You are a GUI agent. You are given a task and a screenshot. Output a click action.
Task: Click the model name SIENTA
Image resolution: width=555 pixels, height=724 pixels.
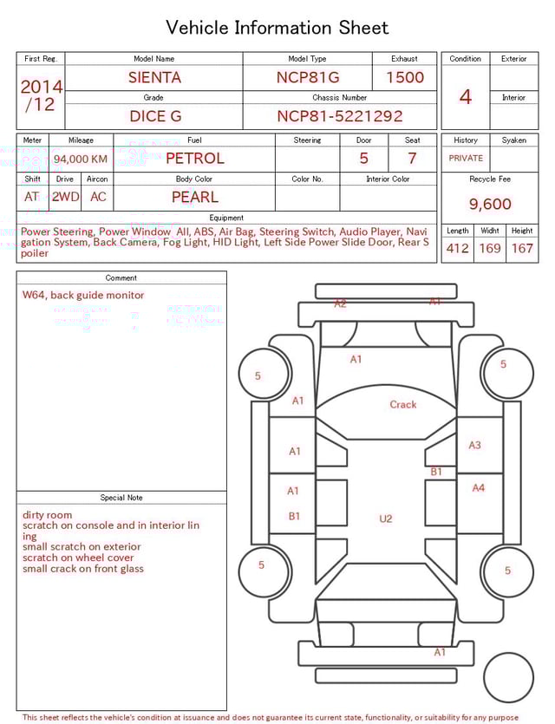[154, 77]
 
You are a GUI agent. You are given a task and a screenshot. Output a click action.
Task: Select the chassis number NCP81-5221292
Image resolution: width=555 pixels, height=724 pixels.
[339, 116]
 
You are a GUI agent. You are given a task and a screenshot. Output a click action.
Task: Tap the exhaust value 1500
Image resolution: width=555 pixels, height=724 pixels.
[404, 77]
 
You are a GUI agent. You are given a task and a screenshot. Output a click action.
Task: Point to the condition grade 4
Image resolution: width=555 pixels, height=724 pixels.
[466, 96]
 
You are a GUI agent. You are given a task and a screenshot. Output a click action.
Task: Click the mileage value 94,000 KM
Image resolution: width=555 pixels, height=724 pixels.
[81, 159]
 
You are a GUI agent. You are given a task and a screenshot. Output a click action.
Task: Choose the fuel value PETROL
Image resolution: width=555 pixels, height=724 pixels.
[194, 159]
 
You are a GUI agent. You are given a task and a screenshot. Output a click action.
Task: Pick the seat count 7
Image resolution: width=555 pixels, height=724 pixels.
[412, 159]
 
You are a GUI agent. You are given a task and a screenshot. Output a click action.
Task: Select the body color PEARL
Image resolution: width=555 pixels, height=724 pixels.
[194, 197]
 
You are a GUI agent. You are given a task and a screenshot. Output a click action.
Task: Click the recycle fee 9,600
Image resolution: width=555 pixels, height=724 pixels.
[490, 204]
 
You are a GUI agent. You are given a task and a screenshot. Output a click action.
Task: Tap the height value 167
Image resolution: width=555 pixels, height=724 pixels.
[522, 248]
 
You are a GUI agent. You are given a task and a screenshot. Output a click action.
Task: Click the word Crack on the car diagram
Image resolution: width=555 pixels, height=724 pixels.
[403, 404]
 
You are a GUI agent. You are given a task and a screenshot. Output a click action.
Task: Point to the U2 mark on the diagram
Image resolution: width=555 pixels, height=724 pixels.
[386, 519]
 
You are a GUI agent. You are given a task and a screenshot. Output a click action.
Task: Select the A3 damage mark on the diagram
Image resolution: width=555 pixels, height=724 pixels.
[474, 445]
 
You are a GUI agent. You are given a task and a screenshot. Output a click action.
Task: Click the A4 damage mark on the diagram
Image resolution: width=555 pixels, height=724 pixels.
[478, 488]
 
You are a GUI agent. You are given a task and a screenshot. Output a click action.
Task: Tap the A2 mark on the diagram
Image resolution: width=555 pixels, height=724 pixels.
[341, 303]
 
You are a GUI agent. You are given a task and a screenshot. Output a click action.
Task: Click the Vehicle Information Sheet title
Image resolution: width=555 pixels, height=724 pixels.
[277, 28]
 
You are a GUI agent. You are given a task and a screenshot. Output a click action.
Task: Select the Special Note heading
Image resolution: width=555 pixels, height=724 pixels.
[121, 498]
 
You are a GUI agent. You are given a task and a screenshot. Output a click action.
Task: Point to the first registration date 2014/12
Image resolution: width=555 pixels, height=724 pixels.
[41, 95]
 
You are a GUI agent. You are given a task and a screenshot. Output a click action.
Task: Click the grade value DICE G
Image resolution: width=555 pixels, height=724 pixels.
[154, 116]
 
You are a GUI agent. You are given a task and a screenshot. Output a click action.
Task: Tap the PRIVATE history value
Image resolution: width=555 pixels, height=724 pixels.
[466, 159]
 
